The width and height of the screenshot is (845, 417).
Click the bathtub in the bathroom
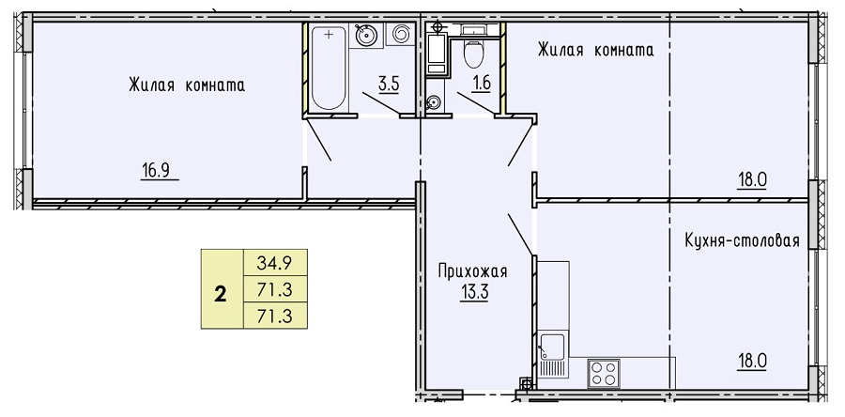[328, 68]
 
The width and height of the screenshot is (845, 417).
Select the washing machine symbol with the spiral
[400, 35]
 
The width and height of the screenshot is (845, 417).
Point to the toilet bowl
[474, 54]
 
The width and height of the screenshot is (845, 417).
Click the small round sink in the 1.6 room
[433, 102]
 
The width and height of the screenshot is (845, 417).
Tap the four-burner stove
[604, 373]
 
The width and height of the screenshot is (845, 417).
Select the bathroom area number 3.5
[389, 85]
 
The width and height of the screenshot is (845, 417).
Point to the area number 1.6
[481, 85]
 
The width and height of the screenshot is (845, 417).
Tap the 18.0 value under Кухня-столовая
[752, 361]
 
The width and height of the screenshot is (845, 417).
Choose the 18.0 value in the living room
[752, 180]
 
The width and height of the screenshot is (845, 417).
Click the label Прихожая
[472, 271]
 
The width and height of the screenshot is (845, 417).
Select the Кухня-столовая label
[742, 240]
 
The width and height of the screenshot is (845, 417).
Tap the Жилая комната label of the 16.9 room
[187, 85]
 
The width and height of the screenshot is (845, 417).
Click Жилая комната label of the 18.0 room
[596, 50]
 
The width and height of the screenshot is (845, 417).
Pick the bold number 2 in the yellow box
[221, 295]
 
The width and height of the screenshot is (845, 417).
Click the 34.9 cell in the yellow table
[275, 264]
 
